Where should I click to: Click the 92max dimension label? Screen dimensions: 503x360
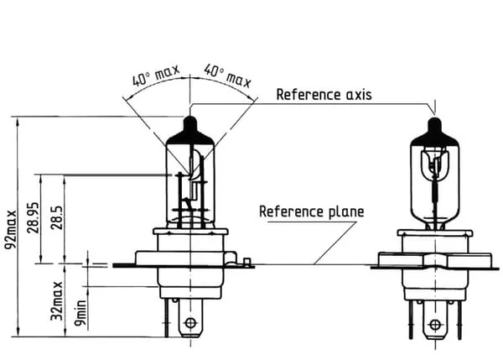pos(10,229)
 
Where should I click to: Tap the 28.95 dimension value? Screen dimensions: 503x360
pos(33,217)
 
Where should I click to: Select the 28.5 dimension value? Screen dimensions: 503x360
pos(56,217)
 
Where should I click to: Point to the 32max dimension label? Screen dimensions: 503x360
pos(56,300)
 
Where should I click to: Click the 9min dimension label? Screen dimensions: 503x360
pos(80,312)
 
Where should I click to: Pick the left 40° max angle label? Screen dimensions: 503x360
pos(156,76)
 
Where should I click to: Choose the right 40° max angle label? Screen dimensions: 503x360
pos(227,76)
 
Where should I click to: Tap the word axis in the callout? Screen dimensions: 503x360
pos(359,95)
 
